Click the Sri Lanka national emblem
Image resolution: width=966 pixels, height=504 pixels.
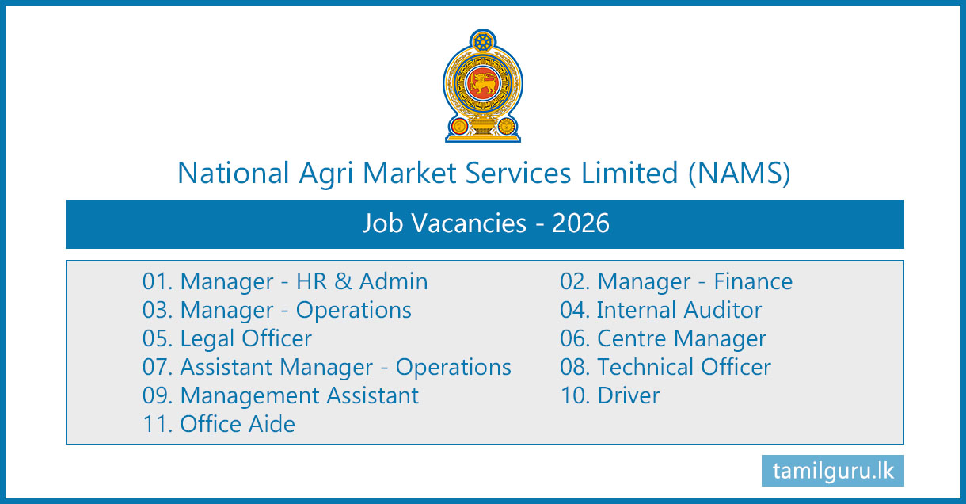point(483,86)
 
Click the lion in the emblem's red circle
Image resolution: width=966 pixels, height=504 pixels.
point(483,83)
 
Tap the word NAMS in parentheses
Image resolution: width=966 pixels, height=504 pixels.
point(740,173)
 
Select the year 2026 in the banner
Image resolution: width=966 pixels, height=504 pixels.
point(580,223)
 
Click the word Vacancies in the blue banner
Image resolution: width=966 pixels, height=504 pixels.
point(469,223)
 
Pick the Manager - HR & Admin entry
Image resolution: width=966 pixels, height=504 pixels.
point(285,281)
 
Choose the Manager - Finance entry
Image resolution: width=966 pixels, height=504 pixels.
point(676,281)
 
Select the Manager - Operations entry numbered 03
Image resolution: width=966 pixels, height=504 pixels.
point(277,311)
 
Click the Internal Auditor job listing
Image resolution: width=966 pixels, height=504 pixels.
point(660,310)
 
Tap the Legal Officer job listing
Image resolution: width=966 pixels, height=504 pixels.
point(226,339)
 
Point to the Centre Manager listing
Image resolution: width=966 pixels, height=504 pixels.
point(663,339)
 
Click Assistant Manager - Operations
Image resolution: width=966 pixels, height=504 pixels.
point(327,368)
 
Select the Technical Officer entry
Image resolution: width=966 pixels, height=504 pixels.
point(665,367)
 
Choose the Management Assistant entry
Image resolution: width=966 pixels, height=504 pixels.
point(280,396)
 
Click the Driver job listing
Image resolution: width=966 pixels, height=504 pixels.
point(610,395)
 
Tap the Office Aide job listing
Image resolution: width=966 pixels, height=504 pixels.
point(219,424)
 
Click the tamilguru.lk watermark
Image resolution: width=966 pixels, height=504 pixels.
point(833,471)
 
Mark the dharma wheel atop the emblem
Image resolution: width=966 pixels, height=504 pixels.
point(483,42)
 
